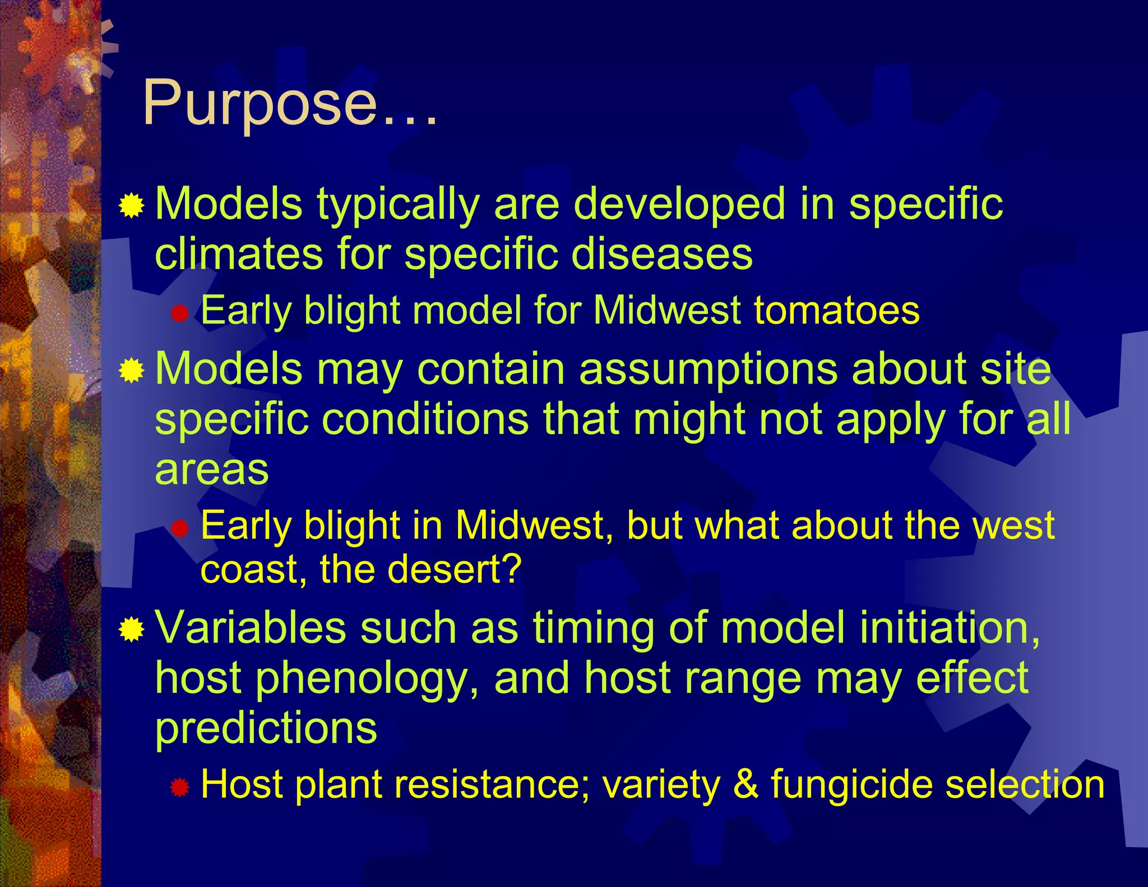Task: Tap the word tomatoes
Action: click(836, 311)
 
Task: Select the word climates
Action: click(239, 253)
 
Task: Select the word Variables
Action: click(250, 627)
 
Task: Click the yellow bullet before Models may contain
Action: click(132, 371)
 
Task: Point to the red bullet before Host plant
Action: click(180, 787)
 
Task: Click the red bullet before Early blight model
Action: click(179, 313)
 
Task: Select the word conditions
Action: click(425, 419)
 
